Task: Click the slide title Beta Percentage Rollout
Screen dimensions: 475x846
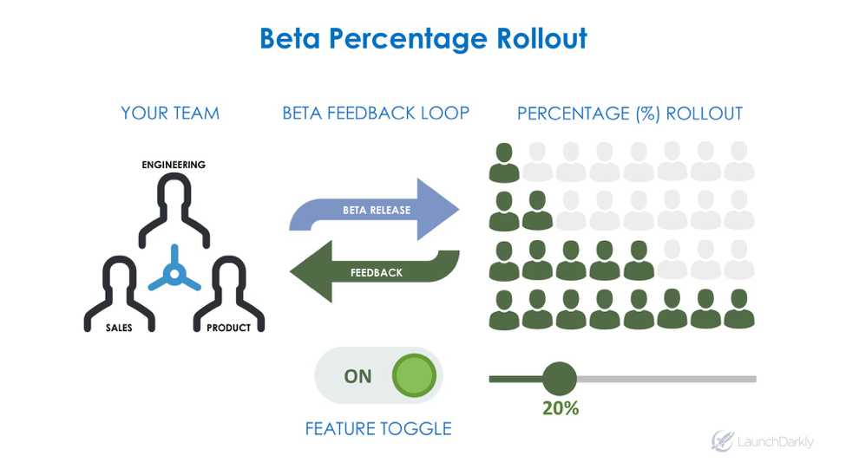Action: [x=423, y=39]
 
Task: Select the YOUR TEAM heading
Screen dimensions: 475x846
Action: [x=170, y=114]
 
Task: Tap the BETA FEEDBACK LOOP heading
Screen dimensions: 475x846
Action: [x=376, y=114]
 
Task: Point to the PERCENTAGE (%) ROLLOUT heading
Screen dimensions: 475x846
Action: [x=629, y=114]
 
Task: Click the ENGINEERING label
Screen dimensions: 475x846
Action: [x=174, y=165]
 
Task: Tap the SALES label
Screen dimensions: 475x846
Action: [x=119, y=328]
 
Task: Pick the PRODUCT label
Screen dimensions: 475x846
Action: [x=228, y=328]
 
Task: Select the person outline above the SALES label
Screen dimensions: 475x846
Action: [x=119, y=290]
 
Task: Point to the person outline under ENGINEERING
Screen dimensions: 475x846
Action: [x=174, y=208]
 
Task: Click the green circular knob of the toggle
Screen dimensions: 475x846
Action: [x=413, y=376]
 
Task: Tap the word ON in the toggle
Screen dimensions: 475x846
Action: [x=357, y=376]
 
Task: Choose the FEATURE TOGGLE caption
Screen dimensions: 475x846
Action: [x=378, y=429]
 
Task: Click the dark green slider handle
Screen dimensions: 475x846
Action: [x=559, y=379]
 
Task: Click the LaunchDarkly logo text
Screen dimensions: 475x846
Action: [x=775, y=442]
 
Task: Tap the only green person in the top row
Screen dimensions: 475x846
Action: [x=503, y=162]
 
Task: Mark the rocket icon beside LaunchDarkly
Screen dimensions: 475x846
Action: [x=722, y=441]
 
